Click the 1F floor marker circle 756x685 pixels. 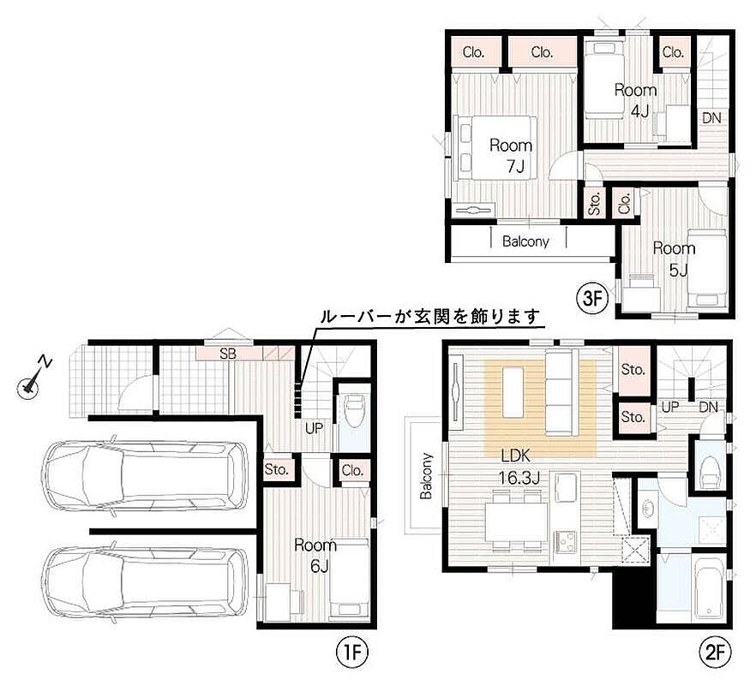(x=352, y=652)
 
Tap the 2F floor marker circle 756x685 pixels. (x=716, y=652)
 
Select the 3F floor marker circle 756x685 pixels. (x=593, y=299)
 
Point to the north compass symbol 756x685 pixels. (x=33, y=380)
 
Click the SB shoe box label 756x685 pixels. (x=228, y=354)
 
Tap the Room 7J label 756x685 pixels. (x=511, y=156)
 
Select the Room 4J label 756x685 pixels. (x=636, y=101)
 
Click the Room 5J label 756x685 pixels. (x=674, y=259)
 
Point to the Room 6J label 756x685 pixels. (x=315, y=556)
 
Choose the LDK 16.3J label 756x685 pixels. (x=518, y=467)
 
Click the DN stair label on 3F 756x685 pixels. (x=711, y=117)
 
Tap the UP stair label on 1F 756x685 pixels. (x=314, y=428)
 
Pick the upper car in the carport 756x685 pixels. (x=146, y=476)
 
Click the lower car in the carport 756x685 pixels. (x=146, y=582)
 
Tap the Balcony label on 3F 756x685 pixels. (x=525, y=241)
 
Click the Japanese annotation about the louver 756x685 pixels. (x=430, y=317)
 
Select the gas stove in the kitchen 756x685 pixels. (x=566, y=542)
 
